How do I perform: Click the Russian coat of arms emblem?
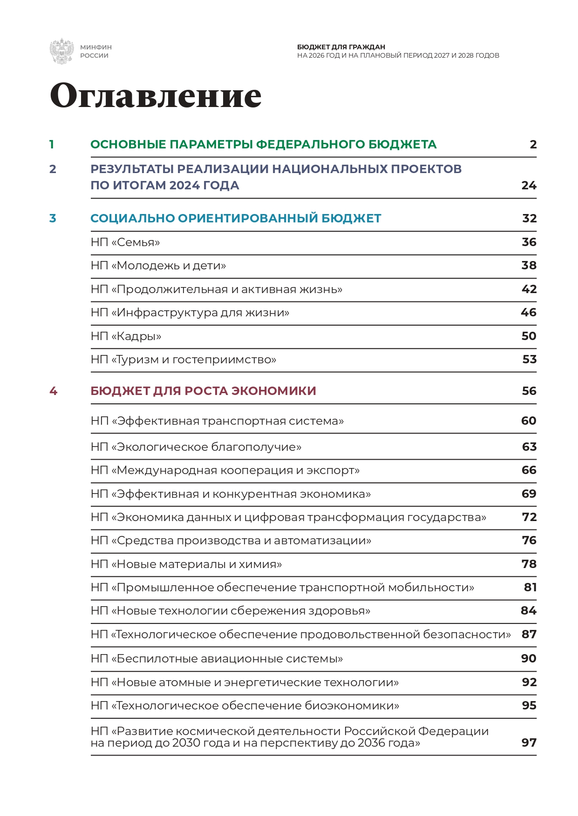coord(61,51)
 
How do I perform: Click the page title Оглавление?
coord(156,95)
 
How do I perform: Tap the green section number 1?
coord(52,145)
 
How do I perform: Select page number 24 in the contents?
coord(529,186)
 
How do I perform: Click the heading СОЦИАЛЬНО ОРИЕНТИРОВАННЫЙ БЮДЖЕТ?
coord(236,218)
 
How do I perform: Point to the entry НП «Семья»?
coord(125,242)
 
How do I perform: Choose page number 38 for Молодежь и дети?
coord(529,266)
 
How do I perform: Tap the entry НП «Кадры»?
coord(126,336)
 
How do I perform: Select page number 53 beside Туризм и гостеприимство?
coord(529,360)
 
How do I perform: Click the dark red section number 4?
coord(53,391)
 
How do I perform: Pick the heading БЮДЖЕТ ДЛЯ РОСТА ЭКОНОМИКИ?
coord(203,391)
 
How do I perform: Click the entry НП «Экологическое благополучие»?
coord(196,447)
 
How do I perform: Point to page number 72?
coord(529,517)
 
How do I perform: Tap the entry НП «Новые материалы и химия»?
coord(186,564)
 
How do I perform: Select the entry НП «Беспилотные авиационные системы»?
coord(217,659)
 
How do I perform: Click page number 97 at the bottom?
coord(529,743)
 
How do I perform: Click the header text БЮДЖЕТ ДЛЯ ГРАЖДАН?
coord(341,47)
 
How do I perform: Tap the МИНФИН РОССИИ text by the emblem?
coord(95,51)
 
